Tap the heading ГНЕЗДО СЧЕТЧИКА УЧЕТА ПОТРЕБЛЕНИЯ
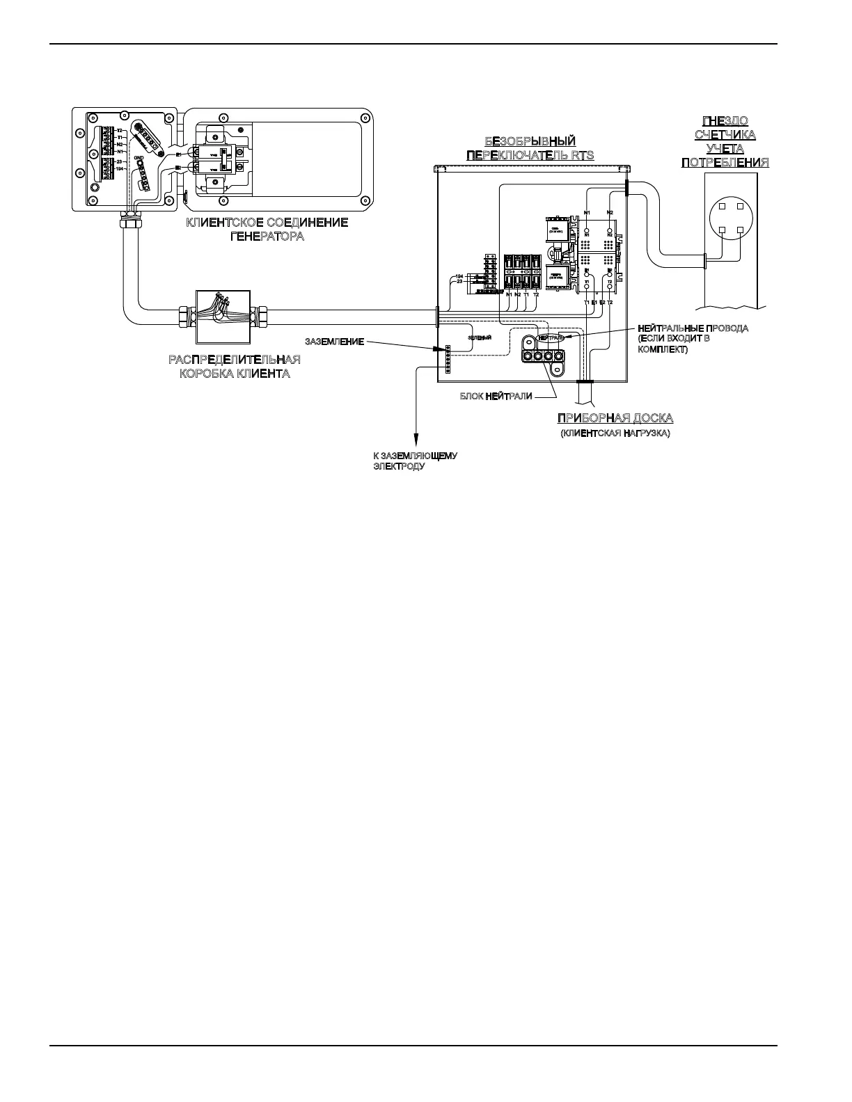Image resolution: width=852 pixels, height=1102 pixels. tap(725, 141)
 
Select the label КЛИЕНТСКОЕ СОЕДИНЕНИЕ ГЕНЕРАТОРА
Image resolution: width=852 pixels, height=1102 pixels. tap(267, 229)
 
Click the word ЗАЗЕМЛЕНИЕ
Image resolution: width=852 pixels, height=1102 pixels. tap(334, 342)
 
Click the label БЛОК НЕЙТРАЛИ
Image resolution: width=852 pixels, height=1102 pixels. tap(496, 397)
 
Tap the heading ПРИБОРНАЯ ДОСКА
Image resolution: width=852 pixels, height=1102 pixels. tap(615, 418)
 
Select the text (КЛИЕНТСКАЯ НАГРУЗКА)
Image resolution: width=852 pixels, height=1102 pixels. tap(615, 433)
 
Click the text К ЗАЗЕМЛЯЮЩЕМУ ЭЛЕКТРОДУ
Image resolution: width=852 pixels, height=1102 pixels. tap(415, 461)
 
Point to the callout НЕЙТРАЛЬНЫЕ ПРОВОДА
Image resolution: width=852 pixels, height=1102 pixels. tap(693, 328)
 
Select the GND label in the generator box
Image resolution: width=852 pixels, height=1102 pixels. tap(139, 158)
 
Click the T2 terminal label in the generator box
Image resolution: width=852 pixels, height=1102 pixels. tap(120, 131)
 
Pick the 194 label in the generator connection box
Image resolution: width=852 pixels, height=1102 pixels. tap(119, 168)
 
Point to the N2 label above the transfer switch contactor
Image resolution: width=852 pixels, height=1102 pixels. tap(610, 211)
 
